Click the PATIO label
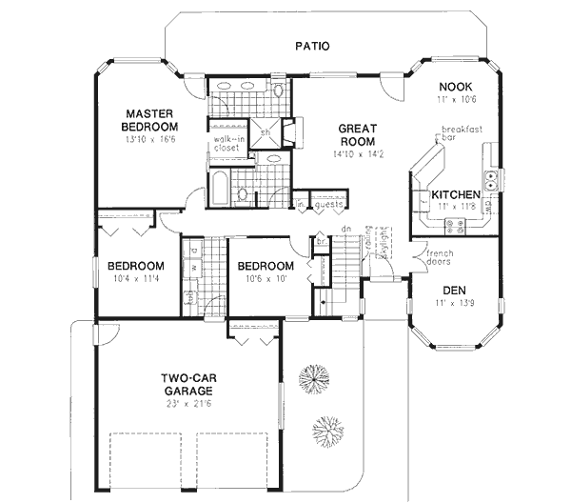click(311, 45)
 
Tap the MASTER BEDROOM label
click(151, 120)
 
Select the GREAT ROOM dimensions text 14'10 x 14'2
click(356, 153)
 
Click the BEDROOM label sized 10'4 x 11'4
click(135, 266)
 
